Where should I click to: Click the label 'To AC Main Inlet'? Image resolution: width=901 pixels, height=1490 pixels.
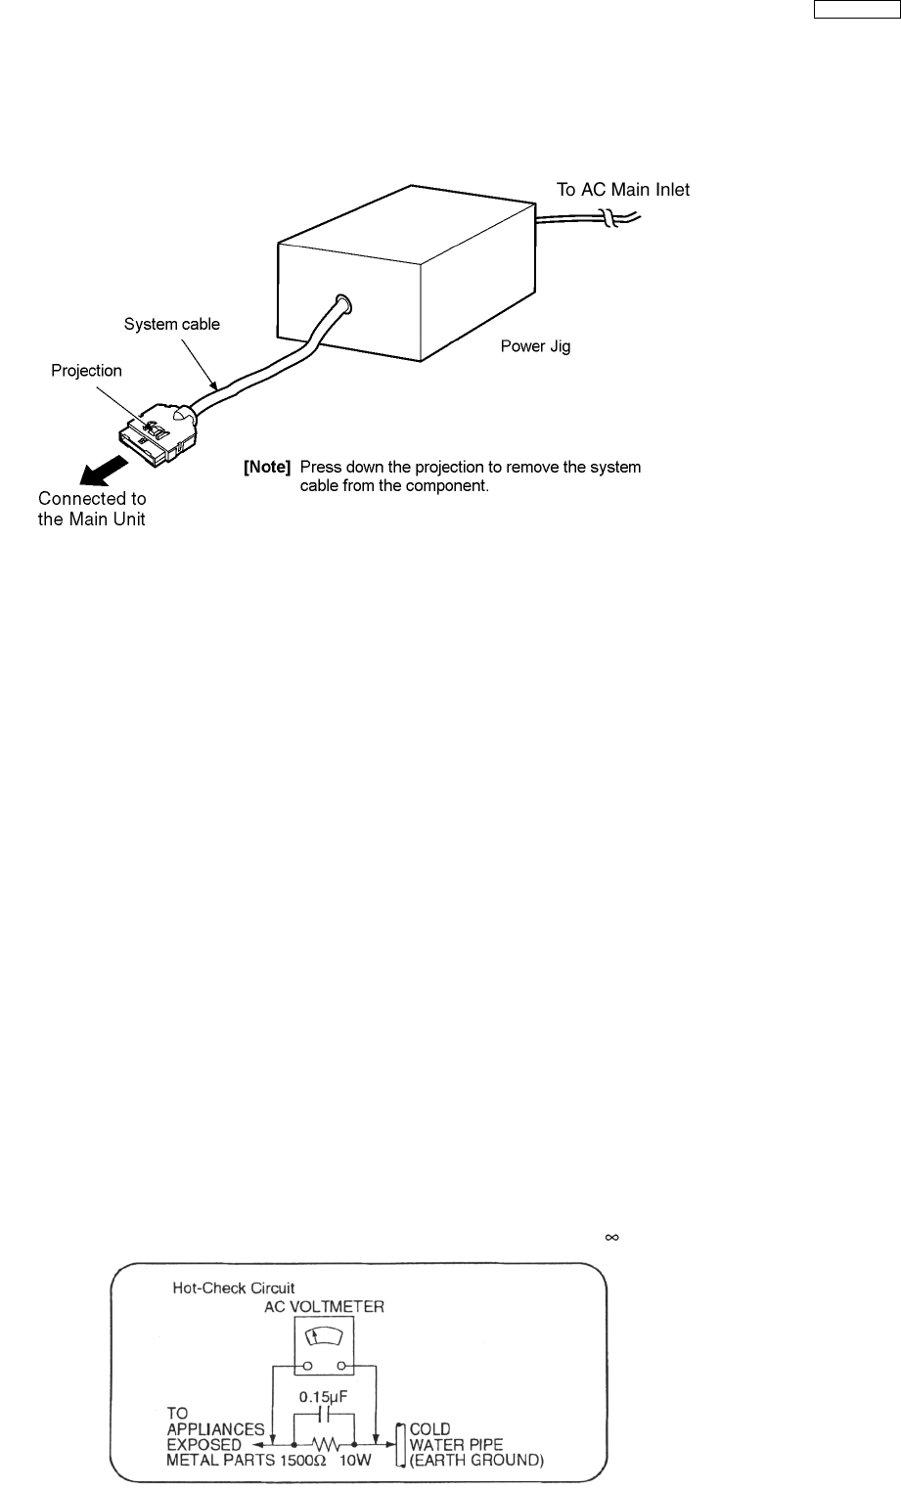[x=623, y=191]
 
